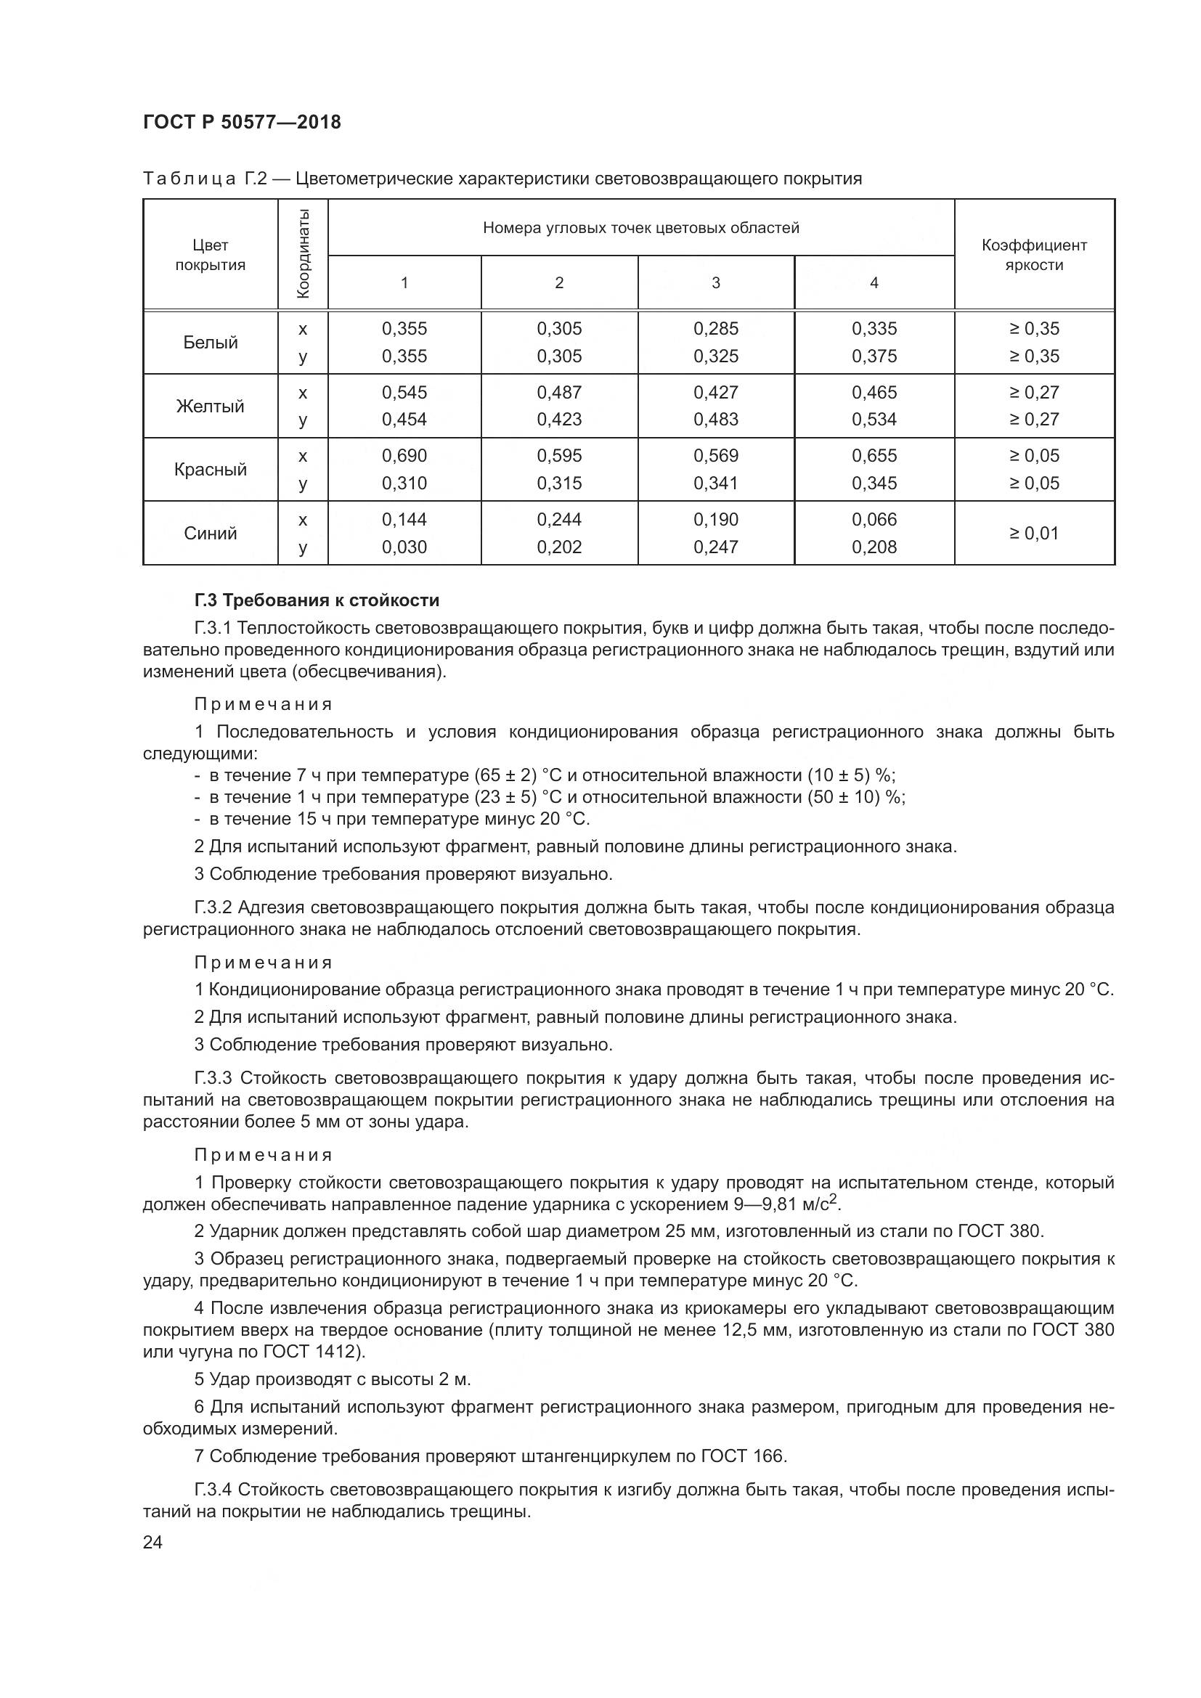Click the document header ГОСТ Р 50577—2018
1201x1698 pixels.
click(242, 122)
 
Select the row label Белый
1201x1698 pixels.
click(210, 343)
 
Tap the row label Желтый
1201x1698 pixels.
click(210, 406)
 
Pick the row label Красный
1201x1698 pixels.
click(210, 470)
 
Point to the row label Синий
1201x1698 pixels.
click(210, 534)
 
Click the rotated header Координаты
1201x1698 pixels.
click(303, 253)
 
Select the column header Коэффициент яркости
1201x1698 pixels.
click(1033, 254)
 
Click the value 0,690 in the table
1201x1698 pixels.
click(404, 456)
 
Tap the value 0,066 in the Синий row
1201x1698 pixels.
click(874, 519)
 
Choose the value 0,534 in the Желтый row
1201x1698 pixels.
click(874, 420)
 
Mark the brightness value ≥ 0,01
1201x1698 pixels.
click(1033, 534)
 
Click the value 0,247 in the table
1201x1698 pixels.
click(715, 547)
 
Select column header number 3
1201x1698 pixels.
click(715, 282)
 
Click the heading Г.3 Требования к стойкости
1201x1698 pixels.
click(317, 600)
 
